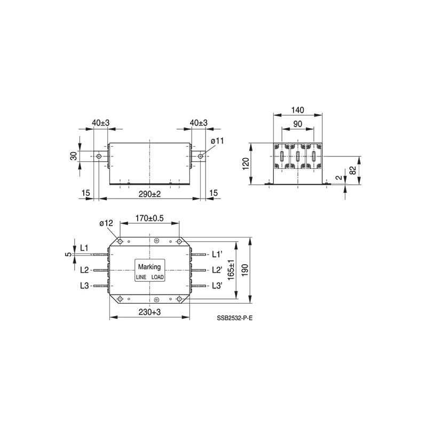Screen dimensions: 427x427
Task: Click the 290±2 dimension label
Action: coord(150,193)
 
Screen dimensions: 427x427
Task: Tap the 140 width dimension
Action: coord(297,110)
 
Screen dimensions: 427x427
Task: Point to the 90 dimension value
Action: coord(297,124)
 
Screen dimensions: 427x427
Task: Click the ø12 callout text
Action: coord(106,223)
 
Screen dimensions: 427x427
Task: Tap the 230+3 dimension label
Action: coord(149,312)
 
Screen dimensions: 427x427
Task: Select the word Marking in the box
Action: coord(149,266)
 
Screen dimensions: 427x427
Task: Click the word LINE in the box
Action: coord(141,278)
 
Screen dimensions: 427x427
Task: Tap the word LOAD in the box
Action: coord(157,278)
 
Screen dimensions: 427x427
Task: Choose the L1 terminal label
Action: coord(84,248)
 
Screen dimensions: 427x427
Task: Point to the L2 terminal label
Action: coord(84,270)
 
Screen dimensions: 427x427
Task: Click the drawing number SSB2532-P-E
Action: coord(234,319)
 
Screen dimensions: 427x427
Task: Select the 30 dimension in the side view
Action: coord(74,156)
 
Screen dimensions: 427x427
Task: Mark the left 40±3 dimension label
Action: coord(100,123)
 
